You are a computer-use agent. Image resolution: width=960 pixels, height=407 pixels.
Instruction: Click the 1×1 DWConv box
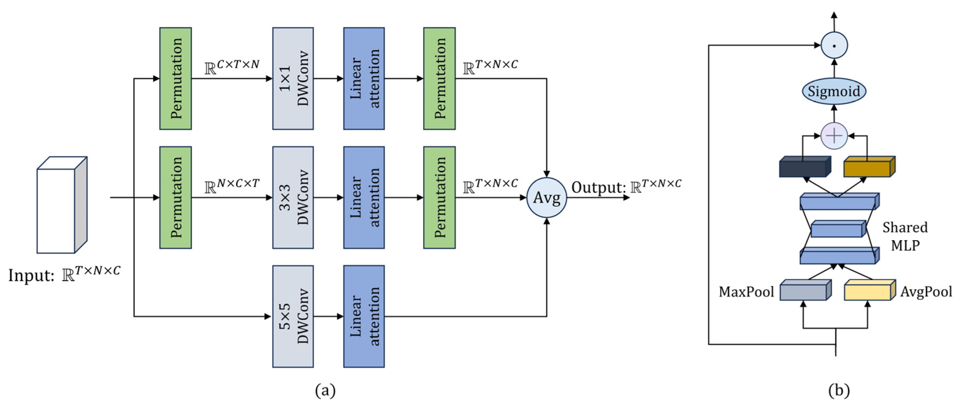293,78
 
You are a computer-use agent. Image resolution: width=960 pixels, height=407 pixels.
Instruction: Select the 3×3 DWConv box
293,197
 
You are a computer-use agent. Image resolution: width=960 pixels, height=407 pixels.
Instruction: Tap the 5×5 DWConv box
293,316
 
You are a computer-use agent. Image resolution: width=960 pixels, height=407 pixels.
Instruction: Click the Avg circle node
546,198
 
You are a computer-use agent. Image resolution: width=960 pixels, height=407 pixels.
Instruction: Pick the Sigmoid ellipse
834,91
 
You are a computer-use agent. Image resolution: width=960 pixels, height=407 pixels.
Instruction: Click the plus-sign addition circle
834,136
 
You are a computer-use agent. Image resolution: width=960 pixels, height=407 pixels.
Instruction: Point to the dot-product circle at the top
834,46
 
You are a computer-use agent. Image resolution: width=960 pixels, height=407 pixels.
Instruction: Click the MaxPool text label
746,291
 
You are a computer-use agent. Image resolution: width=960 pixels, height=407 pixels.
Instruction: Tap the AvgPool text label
926,291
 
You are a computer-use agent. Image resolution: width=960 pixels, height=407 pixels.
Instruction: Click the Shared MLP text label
905,236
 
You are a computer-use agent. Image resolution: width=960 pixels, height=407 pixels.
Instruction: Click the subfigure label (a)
325,391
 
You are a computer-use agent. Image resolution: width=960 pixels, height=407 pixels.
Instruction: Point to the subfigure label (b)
839,391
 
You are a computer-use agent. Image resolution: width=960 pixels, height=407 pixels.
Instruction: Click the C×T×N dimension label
232,67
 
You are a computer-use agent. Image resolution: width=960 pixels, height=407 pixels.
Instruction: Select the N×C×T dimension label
232,186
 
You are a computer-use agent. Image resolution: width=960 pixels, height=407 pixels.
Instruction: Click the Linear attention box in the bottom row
364,316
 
